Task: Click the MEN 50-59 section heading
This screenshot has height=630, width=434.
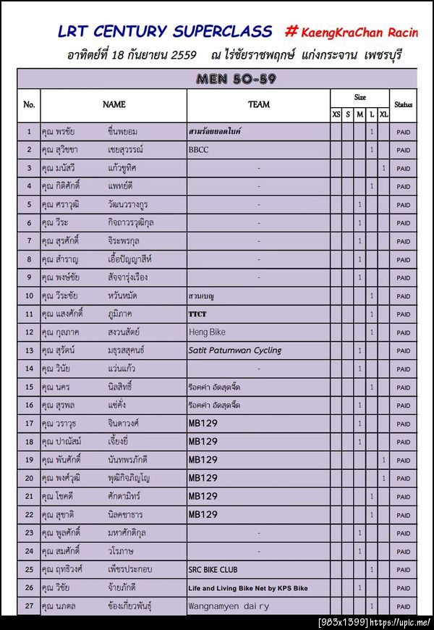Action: tap(237, 79)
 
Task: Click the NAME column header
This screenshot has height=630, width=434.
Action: tap(114, 105)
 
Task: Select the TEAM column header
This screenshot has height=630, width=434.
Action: tap(259, 105)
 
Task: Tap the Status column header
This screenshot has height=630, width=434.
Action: tap(404, 105)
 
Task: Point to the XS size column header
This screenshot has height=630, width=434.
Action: tap(336, 114)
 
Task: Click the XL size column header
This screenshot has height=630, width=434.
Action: tap(383, 114)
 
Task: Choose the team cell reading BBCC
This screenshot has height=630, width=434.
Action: tap(197, 150)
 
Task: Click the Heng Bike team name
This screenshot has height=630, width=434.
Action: tap(207, 332)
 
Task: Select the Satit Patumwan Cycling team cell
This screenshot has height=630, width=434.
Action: tap(234, 350)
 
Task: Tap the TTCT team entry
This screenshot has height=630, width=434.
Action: tap(197, 314)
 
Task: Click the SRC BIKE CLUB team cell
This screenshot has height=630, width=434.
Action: tap(213, 570)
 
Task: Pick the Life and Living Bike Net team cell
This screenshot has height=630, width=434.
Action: tap(247, 588)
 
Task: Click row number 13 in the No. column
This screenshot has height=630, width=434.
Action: tap(29, 350)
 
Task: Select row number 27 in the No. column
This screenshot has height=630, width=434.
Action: tap(29, 606)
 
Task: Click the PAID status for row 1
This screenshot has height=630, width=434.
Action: tap(404, 132)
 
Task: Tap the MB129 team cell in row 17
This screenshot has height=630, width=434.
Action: tap(203, 424)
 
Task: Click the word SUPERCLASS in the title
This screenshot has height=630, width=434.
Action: tap(221, 31)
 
